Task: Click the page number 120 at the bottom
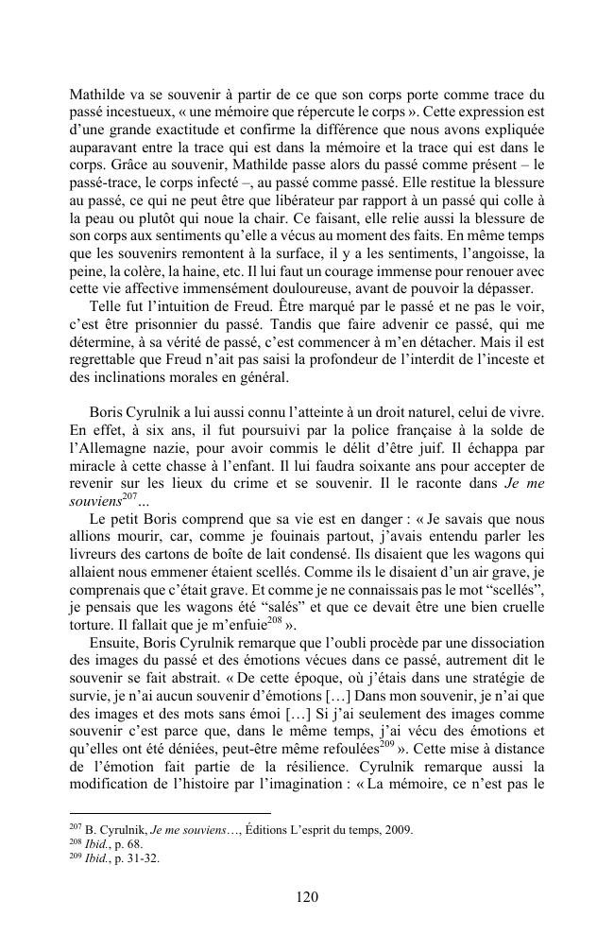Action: (x=306, y=897)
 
